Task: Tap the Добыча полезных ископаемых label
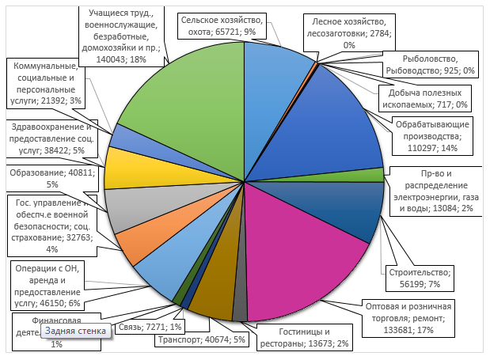[x=415, y=98]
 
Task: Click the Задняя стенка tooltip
[x=76, y=331]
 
